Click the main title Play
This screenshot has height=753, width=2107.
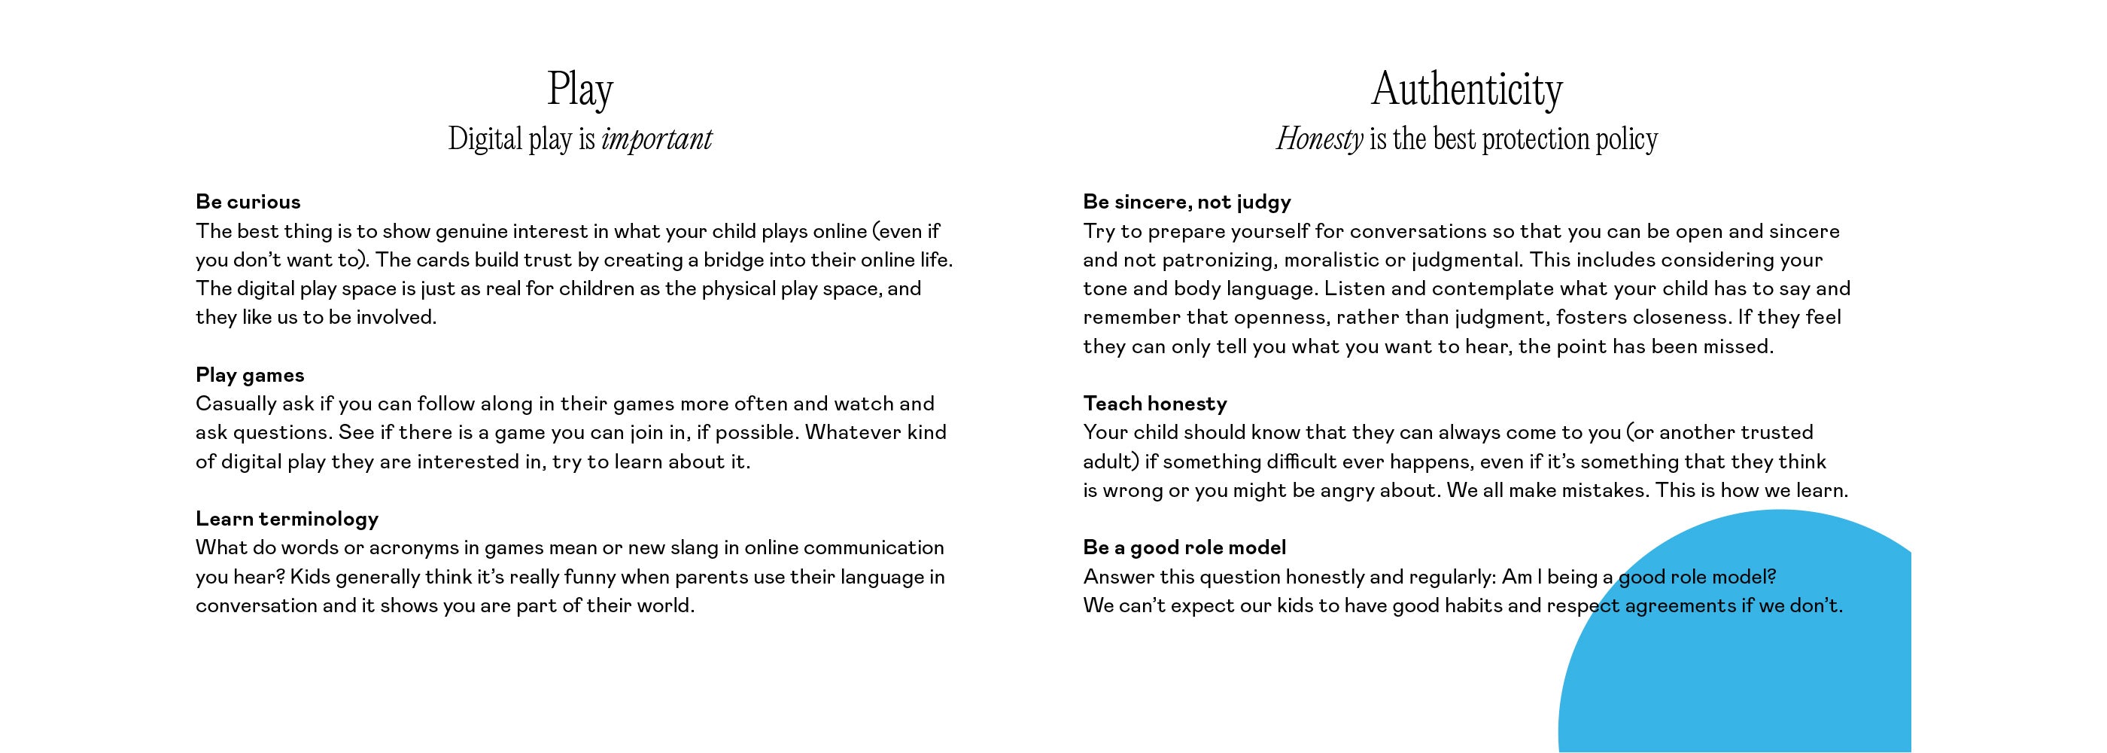point(580,89)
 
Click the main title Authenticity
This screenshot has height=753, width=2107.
point(1467,89)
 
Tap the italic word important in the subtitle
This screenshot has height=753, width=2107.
point(656,139)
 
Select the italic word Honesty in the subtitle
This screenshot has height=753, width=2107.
point(1319,139)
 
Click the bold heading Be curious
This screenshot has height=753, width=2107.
point(248,201)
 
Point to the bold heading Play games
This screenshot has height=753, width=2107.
point(250,375)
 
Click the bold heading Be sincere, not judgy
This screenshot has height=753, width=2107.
point(1187,201)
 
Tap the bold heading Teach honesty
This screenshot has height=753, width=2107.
point(1155,404)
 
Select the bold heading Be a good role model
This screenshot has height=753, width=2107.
point(1184,547)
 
